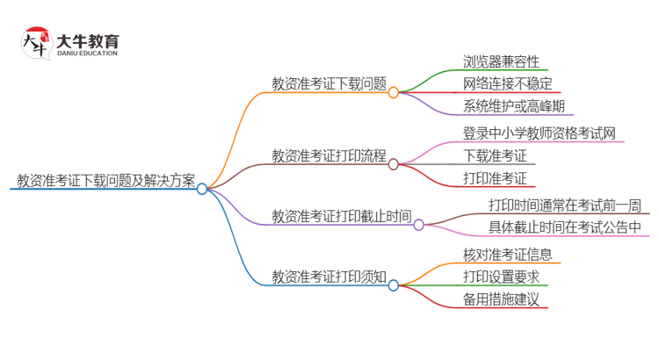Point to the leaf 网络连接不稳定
click(507, 84)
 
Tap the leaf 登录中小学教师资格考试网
click(539, 133)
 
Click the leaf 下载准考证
click(495, 156)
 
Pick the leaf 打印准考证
click(495, 179)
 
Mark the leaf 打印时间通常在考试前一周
click(565, 205)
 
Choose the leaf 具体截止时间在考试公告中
click(565, 228)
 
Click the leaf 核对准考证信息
click(507, 255)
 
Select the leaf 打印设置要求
click(501, 277)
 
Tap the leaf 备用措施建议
click(501, 300)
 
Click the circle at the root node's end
click(202, 189)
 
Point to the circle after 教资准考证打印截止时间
click(419, 225)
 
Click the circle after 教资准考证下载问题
click(394, 92)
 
